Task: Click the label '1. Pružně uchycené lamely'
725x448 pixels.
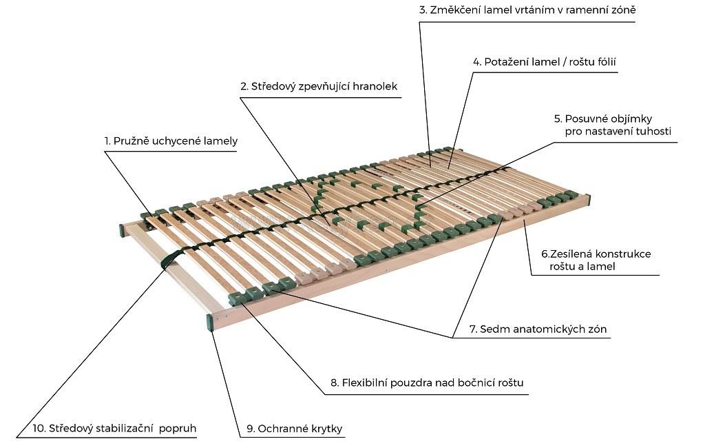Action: [x=171, y=141]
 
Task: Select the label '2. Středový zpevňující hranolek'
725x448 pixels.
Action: [x=319, y=87]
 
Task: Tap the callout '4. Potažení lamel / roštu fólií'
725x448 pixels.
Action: [x=544, y=61]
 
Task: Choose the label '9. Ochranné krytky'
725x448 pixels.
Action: [x=293, y=429]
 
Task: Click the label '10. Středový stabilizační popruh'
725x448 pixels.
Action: [x=114, y=428]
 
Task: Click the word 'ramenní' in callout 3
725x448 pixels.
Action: [x=580, y=10]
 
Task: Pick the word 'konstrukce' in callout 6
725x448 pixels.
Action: [x=624, y=254]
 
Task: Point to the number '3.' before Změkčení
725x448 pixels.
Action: [x=423, y=10]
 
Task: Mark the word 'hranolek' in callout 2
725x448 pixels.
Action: [x=375, y=87]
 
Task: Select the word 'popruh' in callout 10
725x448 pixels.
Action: [x=178, y=428]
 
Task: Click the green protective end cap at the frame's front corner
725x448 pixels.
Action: [x=209, y=322]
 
